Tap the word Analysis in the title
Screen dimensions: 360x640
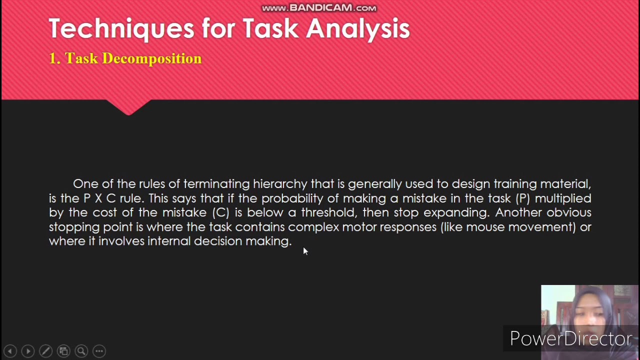pyautogui.click(x=358, y=29)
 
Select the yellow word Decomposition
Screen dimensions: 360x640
pyautogui.click(x=151, y=58)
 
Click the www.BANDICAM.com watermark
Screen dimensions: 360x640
pyautogui.click(x=319, y=8)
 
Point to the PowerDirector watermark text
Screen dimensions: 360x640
pyautogui.click(x=570, y=338)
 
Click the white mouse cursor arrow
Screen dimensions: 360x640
pyautogui.click(x=305, y=250)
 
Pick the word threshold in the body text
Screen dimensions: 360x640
pyautogui.click(x=328, y=212)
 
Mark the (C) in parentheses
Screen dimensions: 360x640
pyautogui.click(x=220, y=212)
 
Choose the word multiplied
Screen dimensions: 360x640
pyautogui.click(x=563, y=198)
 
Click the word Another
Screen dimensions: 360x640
pyautogui.click(x=518, y=212)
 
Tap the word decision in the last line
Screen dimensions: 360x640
pyautogui.click(x=217, y=241)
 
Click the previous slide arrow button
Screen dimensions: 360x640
pyautogui.click(x=10, y=351)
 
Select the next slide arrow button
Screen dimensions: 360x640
pyautogui.click(x=28, y=351)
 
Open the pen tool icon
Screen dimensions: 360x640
pyautogui.click(x=45, y=351)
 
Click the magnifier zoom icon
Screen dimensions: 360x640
pyautogui.click(x=81, y=351)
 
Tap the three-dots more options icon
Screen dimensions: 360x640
pyautogui.click(x=99, y=351)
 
